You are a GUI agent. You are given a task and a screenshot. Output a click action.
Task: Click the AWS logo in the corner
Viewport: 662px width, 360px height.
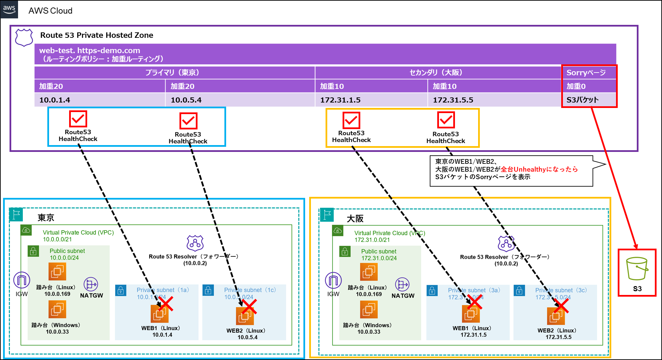[9, 9]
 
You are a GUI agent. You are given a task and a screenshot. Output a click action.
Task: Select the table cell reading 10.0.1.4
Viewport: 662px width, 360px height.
[99, 100]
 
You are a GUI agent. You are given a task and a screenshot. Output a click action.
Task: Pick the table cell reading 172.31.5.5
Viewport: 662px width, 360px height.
[494, 100]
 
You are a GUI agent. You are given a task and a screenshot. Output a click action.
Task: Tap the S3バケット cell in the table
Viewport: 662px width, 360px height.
[589, 100]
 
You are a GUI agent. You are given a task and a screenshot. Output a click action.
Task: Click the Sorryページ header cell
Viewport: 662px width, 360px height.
[589, 73]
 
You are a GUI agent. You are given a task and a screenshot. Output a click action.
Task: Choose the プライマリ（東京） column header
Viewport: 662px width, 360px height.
[174, 73]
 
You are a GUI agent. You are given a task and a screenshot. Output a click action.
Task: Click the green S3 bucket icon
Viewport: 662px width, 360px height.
[636, 269]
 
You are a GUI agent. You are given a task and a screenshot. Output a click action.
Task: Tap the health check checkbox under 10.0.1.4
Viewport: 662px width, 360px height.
[78, 119]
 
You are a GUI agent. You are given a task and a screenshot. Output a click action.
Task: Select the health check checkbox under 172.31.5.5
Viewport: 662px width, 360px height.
[446, 120]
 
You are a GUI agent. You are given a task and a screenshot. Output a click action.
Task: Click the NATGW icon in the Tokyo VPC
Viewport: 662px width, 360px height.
[91, 284]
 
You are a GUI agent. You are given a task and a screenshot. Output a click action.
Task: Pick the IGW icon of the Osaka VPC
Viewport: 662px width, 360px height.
[333, 281]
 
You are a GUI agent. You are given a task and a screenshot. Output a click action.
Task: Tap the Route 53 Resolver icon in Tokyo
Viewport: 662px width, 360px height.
[195, 243]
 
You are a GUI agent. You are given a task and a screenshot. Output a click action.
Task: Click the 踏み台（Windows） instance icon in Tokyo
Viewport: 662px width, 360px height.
[57, 309]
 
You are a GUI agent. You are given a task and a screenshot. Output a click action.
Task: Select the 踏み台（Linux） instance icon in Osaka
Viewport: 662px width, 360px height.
[369, 272]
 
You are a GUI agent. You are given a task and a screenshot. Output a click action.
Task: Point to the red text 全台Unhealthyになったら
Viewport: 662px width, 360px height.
[539, 169]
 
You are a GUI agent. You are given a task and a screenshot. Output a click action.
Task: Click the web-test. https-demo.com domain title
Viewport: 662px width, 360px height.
[90, 50]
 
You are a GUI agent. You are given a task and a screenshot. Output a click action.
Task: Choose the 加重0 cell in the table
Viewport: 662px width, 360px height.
[589, 86]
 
